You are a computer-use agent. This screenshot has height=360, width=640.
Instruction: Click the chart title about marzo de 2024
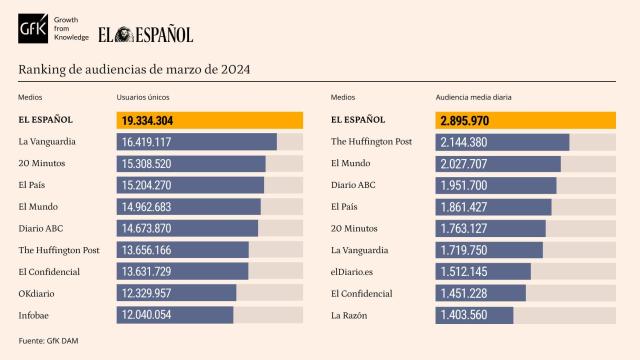pyautogui.click(x=134, y=69)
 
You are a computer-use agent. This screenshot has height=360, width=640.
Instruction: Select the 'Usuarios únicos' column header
pyautogui.click(x=143, y=98)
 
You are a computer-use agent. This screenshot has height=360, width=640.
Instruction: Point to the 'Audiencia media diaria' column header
pyautogui.click(x=473, y=98)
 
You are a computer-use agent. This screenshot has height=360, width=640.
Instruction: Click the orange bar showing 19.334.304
pyautogui.click(x=210, y=120)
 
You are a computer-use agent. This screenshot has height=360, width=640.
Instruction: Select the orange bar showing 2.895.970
pyautogui.click(x=526, y=120)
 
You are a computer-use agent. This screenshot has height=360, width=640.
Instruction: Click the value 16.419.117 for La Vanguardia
pyautogui.click(x=147, y=142)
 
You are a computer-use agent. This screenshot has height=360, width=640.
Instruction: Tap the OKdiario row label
pyautogui.click(x=39, y=293)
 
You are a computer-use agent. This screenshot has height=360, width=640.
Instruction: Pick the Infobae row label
pyautogui.click(x=35, y=315)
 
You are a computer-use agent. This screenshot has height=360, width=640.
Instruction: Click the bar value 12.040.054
pyautogui.click(x=147, y=315)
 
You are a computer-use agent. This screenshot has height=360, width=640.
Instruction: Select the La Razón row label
pyautogui.click(x=349, y=315)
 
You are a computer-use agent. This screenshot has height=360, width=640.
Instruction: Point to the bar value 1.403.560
pyautogui.click(x=463, y=315)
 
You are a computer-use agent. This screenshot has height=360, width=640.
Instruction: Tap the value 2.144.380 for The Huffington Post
pyautogui.click(x=463, y=142)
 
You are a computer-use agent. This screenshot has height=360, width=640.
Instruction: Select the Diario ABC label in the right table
pyautogui.click(x=353, y=185)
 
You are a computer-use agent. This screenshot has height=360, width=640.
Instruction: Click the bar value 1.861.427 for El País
pyautogui.click(x=463, y=207)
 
